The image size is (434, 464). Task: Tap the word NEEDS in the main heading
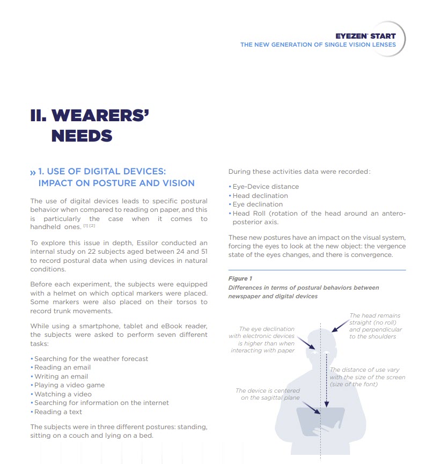tap(82, 136)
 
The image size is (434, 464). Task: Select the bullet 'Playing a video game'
tap(69, 385)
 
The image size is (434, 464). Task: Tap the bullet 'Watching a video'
tap(63, 394)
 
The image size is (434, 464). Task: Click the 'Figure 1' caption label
tap(240, 279)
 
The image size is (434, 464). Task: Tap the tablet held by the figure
tap(321, 421)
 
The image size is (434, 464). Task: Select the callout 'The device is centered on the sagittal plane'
tap(268, 394)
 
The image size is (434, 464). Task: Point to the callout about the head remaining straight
tap(375, 326)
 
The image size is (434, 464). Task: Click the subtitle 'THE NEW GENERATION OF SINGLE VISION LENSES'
tap(318, 45)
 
